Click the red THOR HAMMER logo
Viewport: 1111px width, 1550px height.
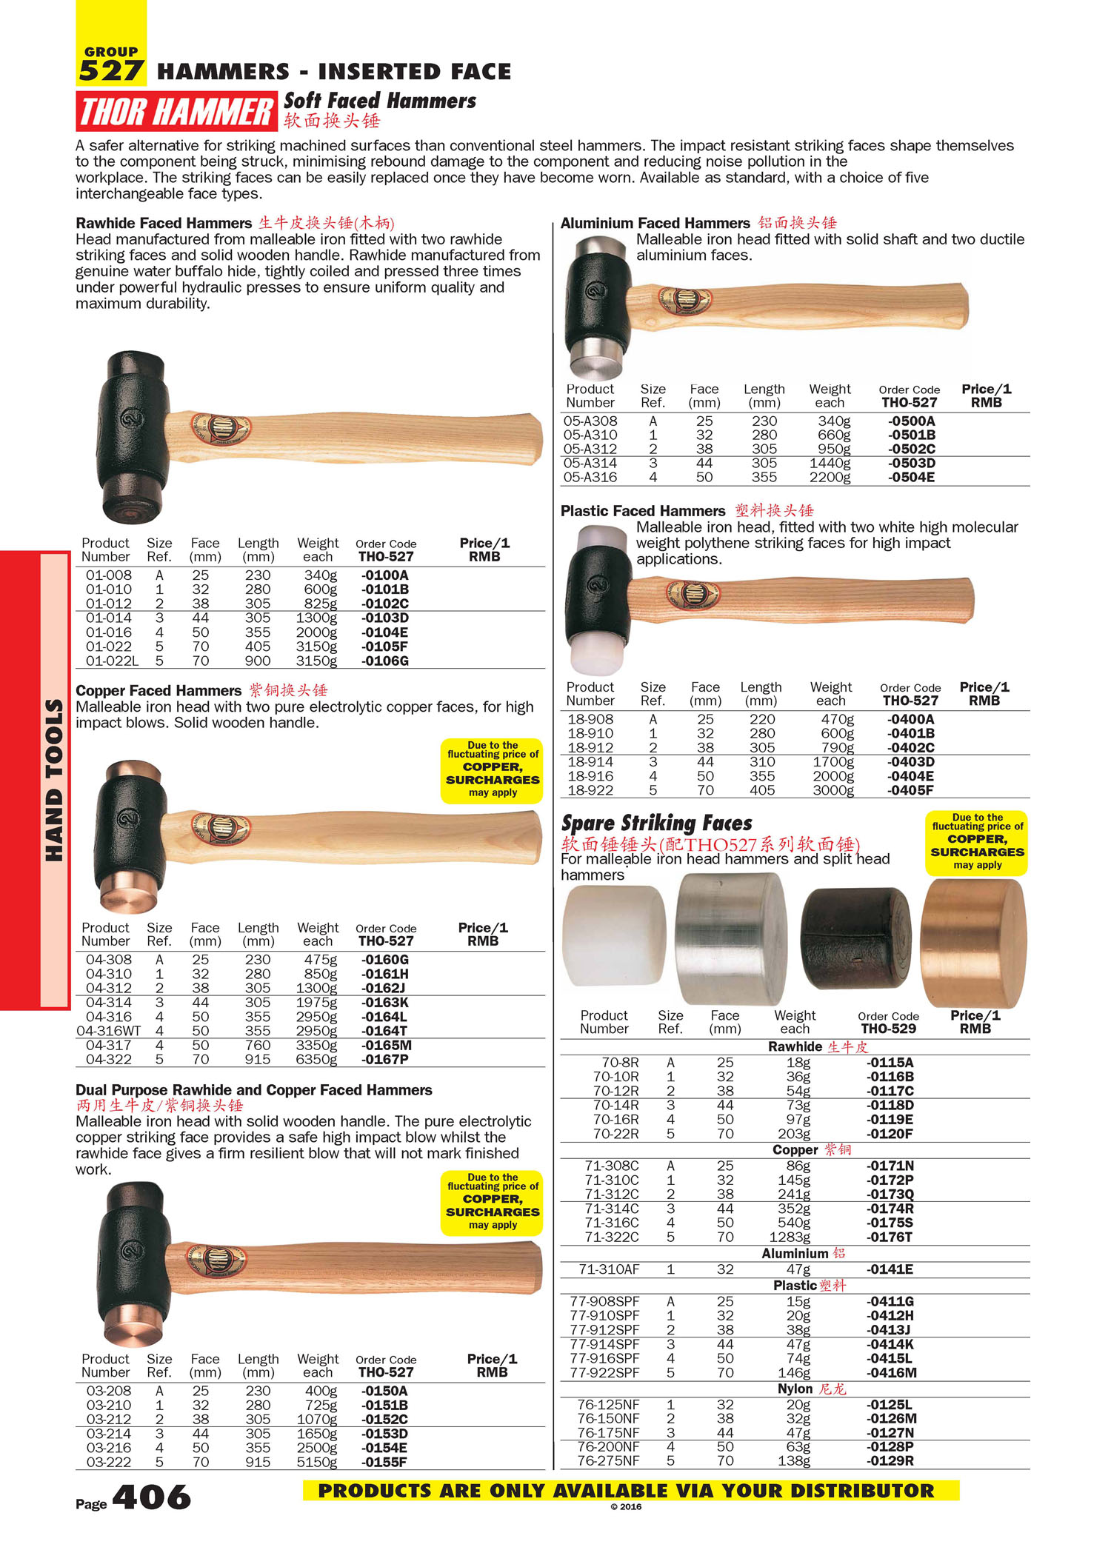176,112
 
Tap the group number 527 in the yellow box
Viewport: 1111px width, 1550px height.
110,71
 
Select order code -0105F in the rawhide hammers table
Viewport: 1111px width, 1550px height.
384,647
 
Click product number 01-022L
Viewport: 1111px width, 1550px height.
112,661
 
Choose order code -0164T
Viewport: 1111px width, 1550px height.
384,1031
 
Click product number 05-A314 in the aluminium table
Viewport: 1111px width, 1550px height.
590,463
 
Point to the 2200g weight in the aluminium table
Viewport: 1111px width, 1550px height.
830,477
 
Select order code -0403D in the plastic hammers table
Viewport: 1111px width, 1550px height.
910,761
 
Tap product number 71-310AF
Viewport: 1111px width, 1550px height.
609,1269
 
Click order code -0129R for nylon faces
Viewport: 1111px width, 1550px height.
890,1460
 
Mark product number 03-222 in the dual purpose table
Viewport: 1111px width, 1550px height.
109,1462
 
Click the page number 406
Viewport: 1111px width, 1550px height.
152,1497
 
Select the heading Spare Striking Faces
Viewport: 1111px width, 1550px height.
656,824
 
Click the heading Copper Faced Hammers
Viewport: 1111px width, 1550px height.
159,691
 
